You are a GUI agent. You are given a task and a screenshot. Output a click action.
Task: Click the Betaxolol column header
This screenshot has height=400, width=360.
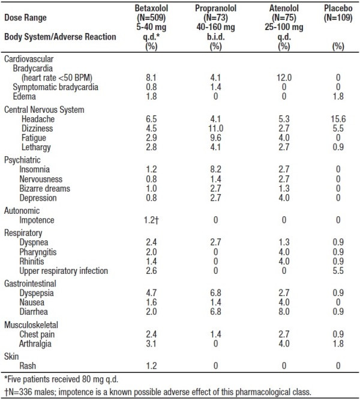pos(151,8)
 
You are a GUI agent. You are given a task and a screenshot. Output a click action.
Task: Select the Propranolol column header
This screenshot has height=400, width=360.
pos(215,8)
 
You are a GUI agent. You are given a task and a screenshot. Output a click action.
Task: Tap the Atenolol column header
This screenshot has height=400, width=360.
pos(284,8)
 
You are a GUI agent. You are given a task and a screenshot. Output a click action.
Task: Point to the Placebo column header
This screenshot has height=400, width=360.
pos(338,8)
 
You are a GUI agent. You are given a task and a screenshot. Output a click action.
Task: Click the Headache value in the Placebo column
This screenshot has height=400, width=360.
pos(338,119)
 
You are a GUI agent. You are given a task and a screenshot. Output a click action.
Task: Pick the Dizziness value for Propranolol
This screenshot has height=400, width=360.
pos(215,129)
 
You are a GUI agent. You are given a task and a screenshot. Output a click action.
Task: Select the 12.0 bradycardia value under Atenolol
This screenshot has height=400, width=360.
pos(284,77)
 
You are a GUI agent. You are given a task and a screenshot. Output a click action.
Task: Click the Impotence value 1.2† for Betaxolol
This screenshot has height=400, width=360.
pos(151,220)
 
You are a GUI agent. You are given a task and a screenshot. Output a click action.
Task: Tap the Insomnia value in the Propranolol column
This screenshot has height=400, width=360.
pos(215,169)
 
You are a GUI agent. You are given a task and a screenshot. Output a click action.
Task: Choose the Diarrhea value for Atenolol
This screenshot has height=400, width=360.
pos(284,312)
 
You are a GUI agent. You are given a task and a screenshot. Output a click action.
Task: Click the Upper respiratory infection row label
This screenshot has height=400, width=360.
pos(64,271)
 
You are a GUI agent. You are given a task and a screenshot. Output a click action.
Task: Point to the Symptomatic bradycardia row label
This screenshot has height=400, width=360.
pos(56,87)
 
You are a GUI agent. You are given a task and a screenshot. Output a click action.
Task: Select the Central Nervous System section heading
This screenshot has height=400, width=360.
pos(44,110)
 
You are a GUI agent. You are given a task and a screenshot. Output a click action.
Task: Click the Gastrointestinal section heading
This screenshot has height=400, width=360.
pos(30,283)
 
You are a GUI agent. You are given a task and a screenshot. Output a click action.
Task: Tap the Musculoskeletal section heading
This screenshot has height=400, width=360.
pos(31,325)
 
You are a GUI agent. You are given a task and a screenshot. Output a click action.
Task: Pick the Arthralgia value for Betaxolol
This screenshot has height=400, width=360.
pos(151,344)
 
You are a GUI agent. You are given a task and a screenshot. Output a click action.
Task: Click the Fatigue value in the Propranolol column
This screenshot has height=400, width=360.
pos(215,138)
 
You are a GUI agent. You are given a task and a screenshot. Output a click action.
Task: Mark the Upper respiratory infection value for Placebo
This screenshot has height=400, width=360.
pos(338,271)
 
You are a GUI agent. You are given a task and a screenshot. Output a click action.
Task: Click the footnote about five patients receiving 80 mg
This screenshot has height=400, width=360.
pos(61,380)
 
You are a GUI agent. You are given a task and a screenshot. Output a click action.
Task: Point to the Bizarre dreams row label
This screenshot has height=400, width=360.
pos(44,189)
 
